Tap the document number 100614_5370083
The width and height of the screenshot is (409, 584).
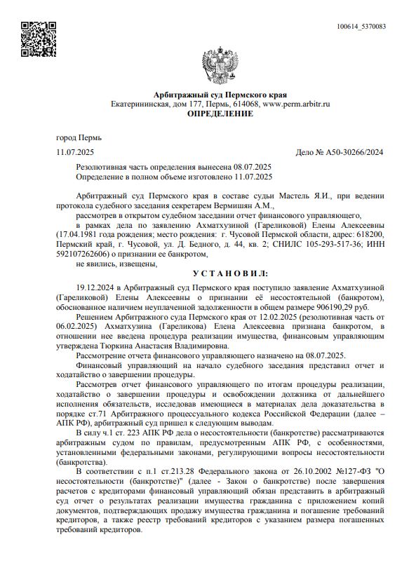(x=361, y=27)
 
